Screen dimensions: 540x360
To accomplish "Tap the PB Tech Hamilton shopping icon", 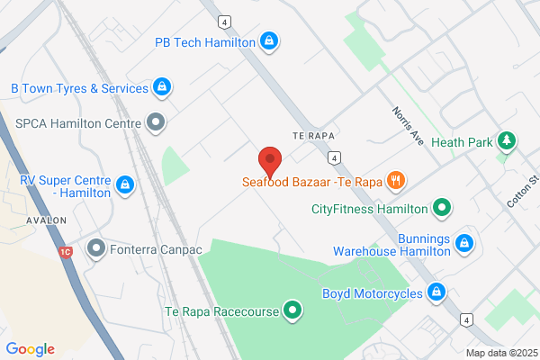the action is [268, 41].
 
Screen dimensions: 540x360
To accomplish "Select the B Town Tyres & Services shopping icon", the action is [161, 88].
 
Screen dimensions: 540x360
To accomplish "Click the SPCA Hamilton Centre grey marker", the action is [157, 121].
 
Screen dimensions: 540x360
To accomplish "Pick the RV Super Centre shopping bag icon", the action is [125, 185].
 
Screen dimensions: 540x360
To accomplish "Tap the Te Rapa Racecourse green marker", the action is [292, 311].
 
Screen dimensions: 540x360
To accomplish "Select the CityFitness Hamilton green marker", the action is [441, 209].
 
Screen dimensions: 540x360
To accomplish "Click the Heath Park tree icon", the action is [507, 141].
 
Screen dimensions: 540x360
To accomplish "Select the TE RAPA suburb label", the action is [313, 134].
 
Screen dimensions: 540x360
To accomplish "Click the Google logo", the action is [30, 349].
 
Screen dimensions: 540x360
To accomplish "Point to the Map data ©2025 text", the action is [500, 353].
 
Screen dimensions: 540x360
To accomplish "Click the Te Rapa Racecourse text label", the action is [221, 312].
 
